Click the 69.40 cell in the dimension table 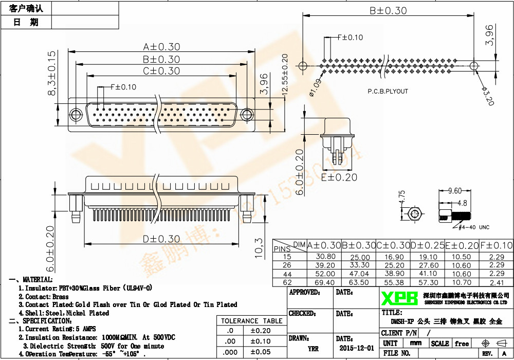[x=324, y=282]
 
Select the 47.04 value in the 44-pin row [x=359, y=274]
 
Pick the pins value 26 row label [x=287, y=265]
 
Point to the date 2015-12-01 [x=357, y=348]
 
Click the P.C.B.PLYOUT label [x=388, y=91]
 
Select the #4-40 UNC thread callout [x=473, y=226]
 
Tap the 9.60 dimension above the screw [x=454, y=191]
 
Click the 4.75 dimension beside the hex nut [x=402, y=198]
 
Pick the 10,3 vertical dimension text [x=259, y=248]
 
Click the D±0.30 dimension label [x=161, y=239]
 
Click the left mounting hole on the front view [x=76, y=114]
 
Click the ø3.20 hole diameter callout [x=487, y=96]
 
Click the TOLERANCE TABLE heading [x=251, y=321]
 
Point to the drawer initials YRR [x=313, y=348]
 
